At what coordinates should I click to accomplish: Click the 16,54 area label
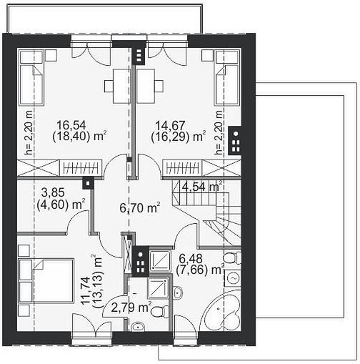click(71, 125)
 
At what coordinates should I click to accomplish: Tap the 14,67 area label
click(170, 125)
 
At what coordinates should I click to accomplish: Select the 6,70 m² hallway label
click(139, 208)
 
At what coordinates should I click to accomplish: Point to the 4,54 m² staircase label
click(202, 187)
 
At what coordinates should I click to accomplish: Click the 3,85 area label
click(53, 192)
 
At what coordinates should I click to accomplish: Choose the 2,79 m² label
click(131, 308)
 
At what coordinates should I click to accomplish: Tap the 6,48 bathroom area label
click(191, 258)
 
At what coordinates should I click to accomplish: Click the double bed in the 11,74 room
click(46, 281)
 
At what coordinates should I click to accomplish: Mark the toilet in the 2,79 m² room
click(160, 312)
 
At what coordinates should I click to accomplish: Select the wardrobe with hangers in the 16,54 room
click(81, 168)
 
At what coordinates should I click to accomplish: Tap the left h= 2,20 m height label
click(29, 132)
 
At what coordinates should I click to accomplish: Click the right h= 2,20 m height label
click(219, 132)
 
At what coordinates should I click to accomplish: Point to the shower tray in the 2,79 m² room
click(158, 288)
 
